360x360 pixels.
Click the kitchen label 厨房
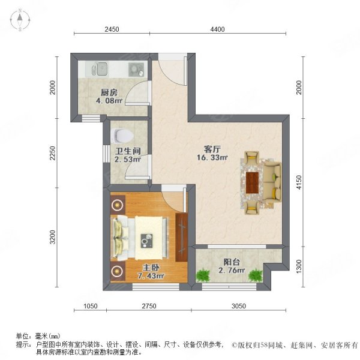coord(108,93)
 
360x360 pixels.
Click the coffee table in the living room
coord(252,182)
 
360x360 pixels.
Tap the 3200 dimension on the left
coord(53,237)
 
